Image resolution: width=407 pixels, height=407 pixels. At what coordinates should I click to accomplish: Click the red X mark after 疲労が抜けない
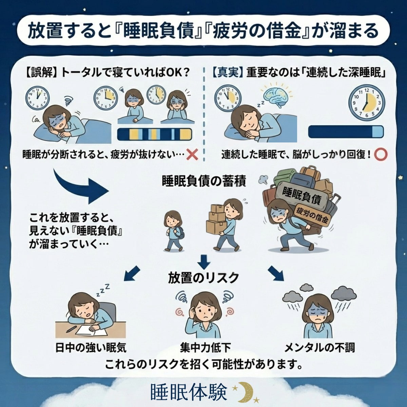coord(192,155)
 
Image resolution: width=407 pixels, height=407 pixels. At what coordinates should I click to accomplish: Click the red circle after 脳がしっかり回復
coord(381,155)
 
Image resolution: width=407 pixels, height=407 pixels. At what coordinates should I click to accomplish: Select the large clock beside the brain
coord(366,102)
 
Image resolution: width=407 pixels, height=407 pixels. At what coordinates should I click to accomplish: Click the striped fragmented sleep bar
coord(155,134)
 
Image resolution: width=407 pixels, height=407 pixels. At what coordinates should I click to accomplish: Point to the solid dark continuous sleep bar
coord(346,132)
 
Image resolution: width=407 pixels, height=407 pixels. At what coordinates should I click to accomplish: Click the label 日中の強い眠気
coord(91,348)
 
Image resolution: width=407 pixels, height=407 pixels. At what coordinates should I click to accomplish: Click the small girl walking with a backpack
coord(174,231)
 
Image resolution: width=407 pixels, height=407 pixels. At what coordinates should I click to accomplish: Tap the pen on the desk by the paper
coord(71,329)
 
